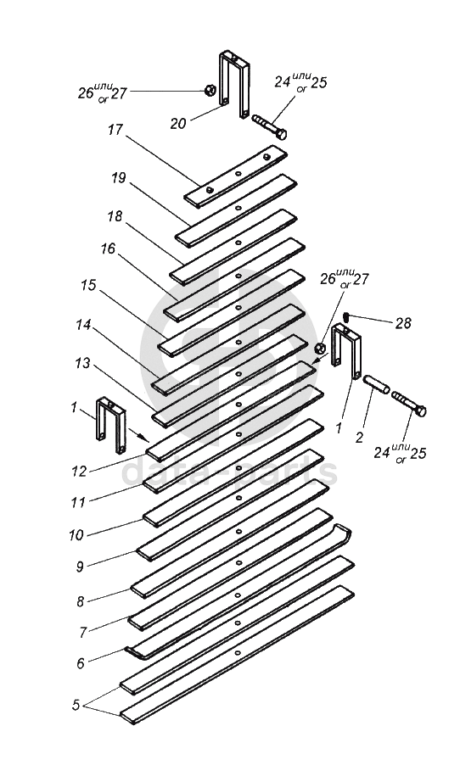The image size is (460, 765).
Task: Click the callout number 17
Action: pyautogui.click(x=115, y=131)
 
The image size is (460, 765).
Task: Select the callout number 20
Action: pyautogui.click(x=178, y=124)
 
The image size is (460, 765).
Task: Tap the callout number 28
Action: pyautogui.click(x=403, y=323)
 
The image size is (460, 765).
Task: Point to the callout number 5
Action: pyautogui.click(x=76, y=705)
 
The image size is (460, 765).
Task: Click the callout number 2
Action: pyautogui.click(x=359, y=438)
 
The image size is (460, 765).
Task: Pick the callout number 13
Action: pyautogui.click(x=82, y=363)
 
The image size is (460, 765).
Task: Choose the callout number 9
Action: pyautogui.click(x=80, y=567)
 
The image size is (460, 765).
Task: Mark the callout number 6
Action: pyautogui.click(x=80, y=663)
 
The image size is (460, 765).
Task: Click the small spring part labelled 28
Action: pyautogui.click(x=346, y=316)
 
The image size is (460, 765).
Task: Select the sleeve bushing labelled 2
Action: pyautogui.click(x=376, y=384)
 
